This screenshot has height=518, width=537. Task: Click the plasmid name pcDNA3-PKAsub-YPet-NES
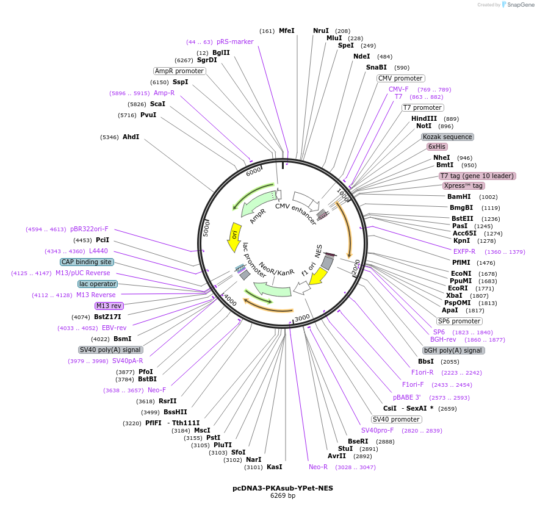[283, 488]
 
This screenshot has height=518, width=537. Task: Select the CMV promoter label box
[400, 78]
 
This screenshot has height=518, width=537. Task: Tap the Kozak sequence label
[447, 137]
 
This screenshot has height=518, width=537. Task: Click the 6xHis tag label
[437, 146]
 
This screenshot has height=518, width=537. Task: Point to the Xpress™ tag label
[464, 185]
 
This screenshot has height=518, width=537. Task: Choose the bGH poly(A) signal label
[453, 350]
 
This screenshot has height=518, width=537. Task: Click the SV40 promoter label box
[396, 419]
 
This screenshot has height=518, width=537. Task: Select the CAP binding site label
[87, 262]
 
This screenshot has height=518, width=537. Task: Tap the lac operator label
[98, 284]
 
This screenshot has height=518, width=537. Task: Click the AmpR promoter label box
[179, 71]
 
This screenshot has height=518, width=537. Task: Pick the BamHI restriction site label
[459, 196]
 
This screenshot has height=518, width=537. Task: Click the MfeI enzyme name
[286, 31]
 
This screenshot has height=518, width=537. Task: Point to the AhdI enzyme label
[131, 137]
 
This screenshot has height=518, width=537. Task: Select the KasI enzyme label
[275, 467]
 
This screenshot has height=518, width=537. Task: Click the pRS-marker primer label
[235, 41]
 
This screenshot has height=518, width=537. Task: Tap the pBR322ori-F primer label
[89, 229]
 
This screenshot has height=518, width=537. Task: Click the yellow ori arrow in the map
[234, 237]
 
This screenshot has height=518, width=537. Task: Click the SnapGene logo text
[520, 4]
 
